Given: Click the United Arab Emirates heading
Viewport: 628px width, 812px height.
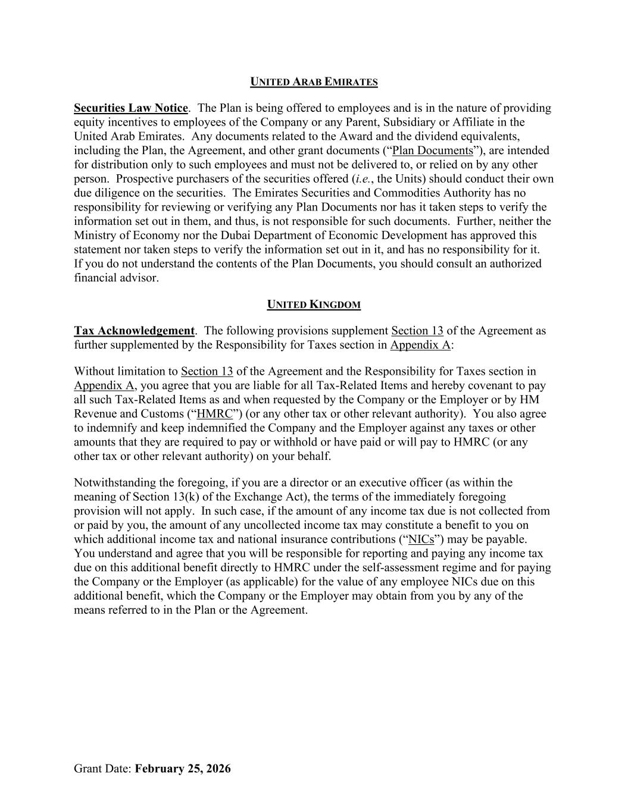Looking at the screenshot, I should (314, 82).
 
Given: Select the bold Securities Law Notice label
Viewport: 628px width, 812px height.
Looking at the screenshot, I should (130, 108).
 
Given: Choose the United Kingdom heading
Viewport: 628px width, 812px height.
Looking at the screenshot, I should (314, 305).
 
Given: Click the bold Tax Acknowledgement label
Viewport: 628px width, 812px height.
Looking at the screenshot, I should (134, 331).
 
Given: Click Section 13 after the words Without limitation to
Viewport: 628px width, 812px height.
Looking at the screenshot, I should (207, 372).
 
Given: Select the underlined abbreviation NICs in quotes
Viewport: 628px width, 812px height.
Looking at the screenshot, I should (421, 540).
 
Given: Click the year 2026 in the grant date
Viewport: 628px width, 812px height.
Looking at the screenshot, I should (217, 769).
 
